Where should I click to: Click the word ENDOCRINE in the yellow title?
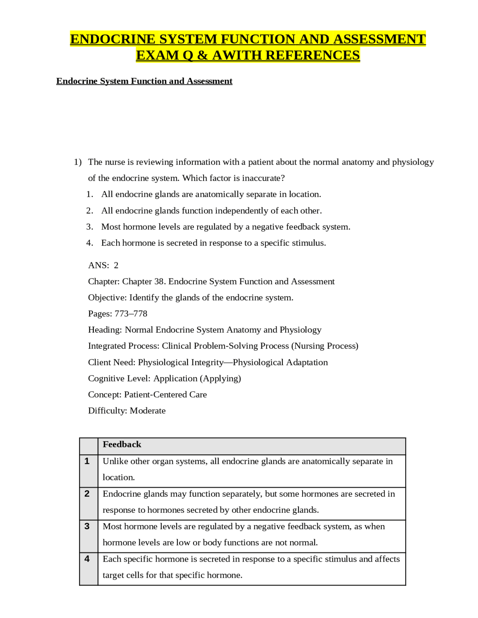click(x=112, y=39)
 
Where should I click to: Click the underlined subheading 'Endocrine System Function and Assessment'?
click(x=144, y=81)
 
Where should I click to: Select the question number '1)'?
click(x=78, y=162)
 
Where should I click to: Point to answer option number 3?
click(x=89, y=227)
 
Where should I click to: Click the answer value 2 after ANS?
click(x=116, y=265)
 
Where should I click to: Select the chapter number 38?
click(x=159, y=281)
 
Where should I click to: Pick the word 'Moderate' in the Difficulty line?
click(x=148, y=411)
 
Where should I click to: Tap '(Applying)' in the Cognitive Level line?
click(x=220, y=378)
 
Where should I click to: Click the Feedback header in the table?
click(x=122, y=444)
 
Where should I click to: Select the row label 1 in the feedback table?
click(x=87, y=461)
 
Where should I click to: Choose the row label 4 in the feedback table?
click(x=87, y=559)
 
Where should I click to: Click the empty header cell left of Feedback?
click(x=89, y=446)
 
